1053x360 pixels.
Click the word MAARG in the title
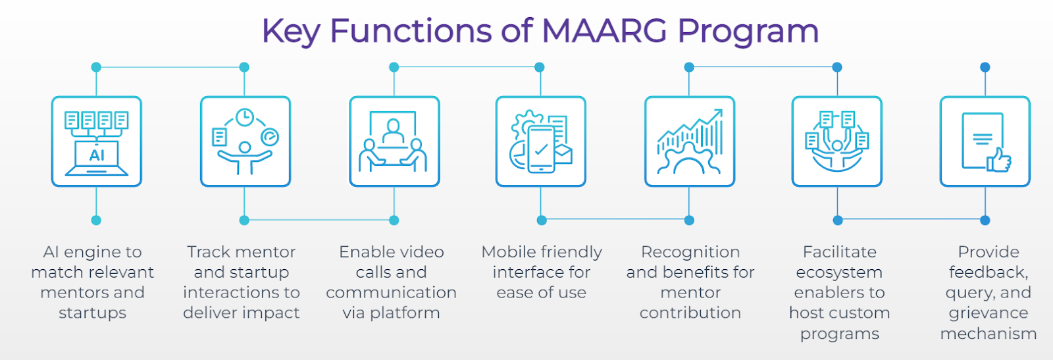pos(604,30)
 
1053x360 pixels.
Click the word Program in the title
pos(748,32)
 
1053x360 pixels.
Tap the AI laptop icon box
pos(96,141)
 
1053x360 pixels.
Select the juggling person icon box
pos(245,141)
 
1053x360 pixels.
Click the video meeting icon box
pos(394,141)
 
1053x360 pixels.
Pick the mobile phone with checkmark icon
pos(542,149)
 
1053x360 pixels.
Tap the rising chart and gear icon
pos(690,141)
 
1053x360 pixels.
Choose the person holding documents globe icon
pos(836,141)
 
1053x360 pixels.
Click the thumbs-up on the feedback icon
pos(999,161)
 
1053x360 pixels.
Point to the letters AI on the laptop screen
pos(96,155)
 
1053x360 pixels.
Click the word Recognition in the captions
pos(690,253)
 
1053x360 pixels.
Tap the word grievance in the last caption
pos(988,313)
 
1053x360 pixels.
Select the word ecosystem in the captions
pos(839,272)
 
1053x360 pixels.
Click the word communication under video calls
pos(391,293)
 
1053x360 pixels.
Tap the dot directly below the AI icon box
pos(96,220)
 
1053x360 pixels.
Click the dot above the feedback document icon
pos(985,67)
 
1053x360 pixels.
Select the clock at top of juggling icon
pos(245,118)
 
